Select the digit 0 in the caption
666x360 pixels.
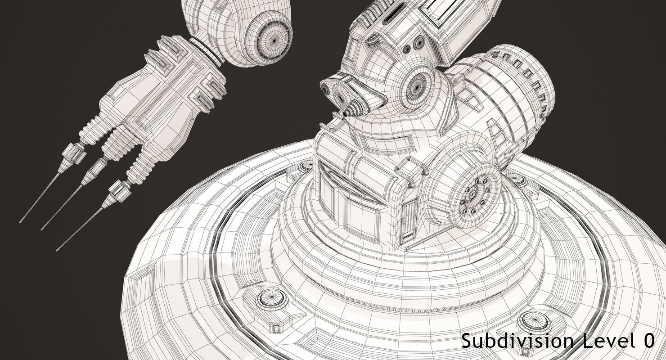coord(648,341)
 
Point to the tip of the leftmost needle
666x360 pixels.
coord(21,222)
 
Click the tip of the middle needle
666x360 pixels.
coord(42,229)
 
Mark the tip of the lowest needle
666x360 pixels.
coord(57,250)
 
